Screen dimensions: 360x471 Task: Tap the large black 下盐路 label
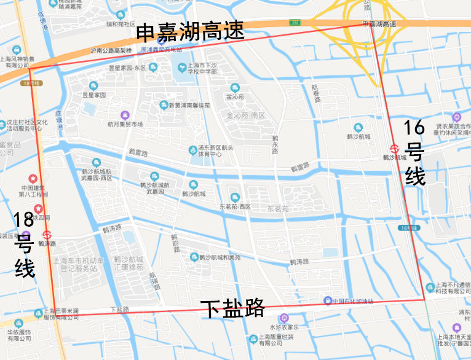pyautogui.click(x=232, y=308)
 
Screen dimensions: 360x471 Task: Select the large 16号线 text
pyautogui.click(x=415, y=153)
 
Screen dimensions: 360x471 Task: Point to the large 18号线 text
pyautogui.click(x=25, y=244)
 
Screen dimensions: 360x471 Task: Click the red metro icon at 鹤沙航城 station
pyautogui.click(x=394, y=148)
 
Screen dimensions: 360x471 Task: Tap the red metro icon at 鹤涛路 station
pyautogui.click(x=47, y=234)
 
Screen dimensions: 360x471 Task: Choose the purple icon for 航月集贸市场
pyautogui.click(x=125, y=115)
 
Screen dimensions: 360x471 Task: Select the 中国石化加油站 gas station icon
pyautogui.click(x=327, y=300)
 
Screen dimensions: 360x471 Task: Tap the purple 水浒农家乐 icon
pyautogui.click(x=283, y=318)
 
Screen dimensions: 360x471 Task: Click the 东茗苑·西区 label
pyautogui.click(x=235, y=206)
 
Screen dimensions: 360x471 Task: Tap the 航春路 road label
pyautogui.click(x=317, y=94)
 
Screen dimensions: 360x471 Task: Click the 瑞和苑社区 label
pyautogui.click(x=121, y=24)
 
